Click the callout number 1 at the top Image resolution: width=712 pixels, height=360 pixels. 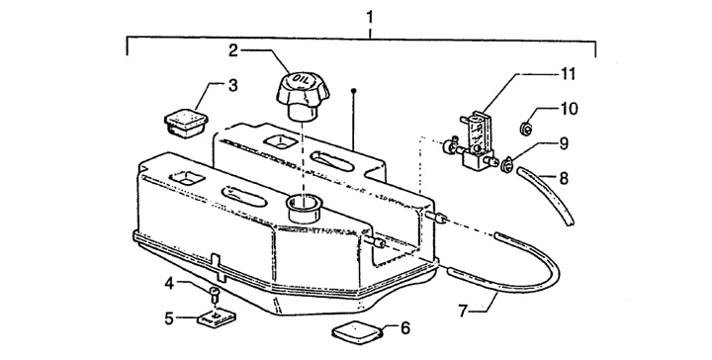[370, 18]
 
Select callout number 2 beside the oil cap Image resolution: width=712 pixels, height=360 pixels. [233, 50]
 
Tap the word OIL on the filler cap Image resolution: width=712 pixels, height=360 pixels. [303, 80]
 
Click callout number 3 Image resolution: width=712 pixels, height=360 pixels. [233, 85]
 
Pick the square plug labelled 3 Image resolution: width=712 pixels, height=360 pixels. [186, 121]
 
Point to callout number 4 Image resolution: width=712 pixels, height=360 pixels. [169, 284]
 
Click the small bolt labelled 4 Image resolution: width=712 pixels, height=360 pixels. [216, 293]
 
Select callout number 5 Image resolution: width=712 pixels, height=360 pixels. [169, 318]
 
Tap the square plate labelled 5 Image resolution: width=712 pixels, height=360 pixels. [217, 317]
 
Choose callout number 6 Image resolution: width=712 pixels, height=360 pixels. [405, 327]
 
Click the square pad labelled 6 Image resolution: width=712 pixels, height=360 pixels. [357, 332]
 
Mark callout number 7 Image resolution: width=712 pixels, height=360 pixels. [463, 312]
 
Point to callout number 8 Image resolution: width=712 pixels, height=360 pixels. [564, 178]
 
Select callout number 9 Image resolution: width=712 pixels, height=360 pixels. [564, 144]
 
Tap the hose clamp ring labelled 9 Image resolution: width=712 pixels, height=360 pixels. [506, 164]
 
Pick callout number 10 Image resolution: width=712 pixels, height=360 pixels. [570, 109]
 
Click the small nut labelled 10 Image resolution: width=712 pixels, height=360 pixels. [525, 130]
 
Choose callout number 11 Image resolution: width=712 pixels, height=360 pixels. [568, 73]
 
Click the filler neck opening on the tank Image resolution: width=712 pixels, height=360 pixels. [302, 202]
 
